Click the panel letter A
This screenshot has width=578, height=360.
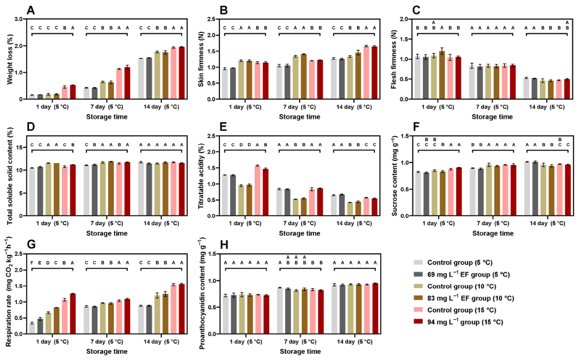[x=31, y=10]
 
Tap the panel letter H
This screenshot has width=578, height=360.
[x=224, y=245]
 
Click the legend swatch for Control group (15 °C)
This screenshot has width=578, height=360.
[x=418, y=310]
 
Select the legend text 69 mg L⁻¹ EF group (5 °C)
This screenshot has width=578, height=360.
[x=468, y=275]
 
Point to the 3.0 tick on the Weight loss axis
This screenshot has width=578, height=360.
[x=18, y=19]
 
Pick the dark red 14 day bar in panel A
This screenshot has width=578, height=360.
[x=181, y=73]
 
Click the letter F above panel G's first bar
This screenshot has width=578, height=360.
[x=32, y=263]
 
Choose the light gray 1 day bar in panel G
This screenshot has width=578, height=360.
[x=32, y=328]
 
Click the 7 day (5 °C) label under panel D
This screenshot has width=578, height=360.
[x=107, y=223]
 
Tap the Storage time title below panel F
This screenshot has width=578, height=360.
[x=493, y=234]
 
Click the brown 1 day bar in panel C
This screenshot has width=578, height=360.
[x=441, y=75]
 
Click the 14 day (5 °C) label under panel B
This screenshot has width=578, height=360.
[x=354, y=107]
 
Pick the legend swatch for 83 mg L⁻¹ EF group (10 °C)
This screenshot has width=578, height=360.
[x=418, y=298]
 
